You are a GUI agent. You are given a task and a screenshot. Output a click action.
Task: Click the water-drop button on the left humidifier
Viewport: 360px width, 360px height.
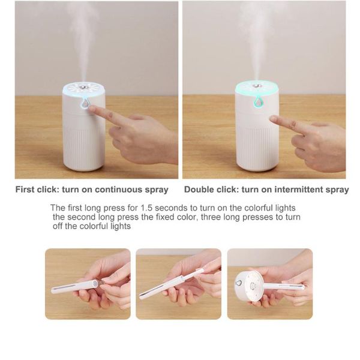pyautogui.click(x=85, y=104)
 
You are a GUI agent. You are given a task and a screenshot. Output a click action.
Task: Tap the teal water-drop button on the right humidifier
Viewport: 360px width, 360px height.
pyautogui.click(x=259, y=102)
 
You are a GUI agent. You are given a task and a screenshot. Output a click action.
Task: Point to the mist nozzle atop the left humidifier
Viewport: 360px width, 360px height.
pyautogui.click(x=83, y=87)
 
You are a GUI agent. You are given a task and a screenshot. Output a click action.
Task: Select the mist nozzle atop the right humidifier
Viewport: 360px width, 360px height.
pyautogui.click(x=256, y=86)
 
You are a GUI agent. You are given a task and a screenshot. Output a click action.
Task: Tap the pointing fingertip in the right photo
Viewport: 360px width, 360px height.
pyautogui.click(x=274, y=119)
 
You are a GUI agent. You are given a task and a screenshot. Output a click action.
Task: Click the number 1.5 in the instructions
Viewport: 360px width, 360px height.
pyautogui.click(x=146, y=208)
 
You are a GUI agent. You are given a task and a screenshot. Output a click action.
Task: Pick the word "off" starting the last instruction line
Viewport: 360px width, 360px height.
pyautogui.click(x=58, y=226)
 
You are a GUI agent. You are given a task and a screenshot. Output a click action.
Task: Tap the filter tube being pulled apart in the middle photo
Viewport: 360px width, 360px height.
pyautogui.click(x=171, y=284)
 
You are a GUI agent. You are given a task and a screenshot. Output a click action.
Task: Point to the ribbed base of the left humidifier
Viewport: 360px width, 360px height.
pyautogui.click(x=84, y=149)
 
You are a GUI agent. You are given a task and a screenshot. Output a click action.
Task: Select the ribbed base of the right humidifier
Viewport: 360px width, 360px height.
pyautogui.click(x=257, y=149)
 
